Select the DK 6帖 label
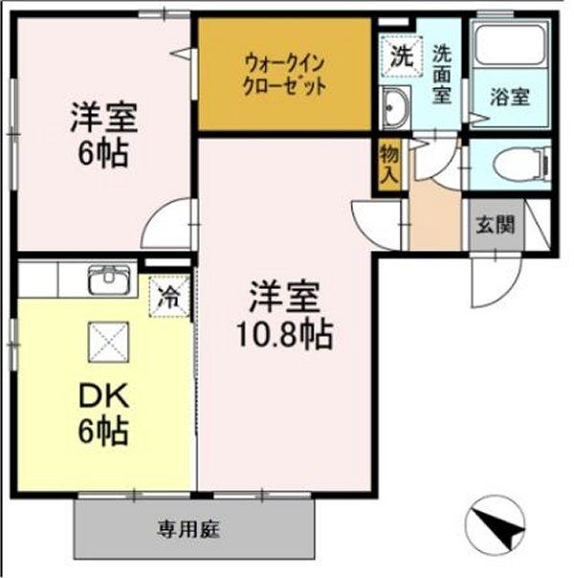point(103,412)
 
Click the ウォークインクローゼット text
point(284,74)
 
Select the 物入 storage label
point(389,165)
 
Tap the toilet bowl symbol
point(517,166)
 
